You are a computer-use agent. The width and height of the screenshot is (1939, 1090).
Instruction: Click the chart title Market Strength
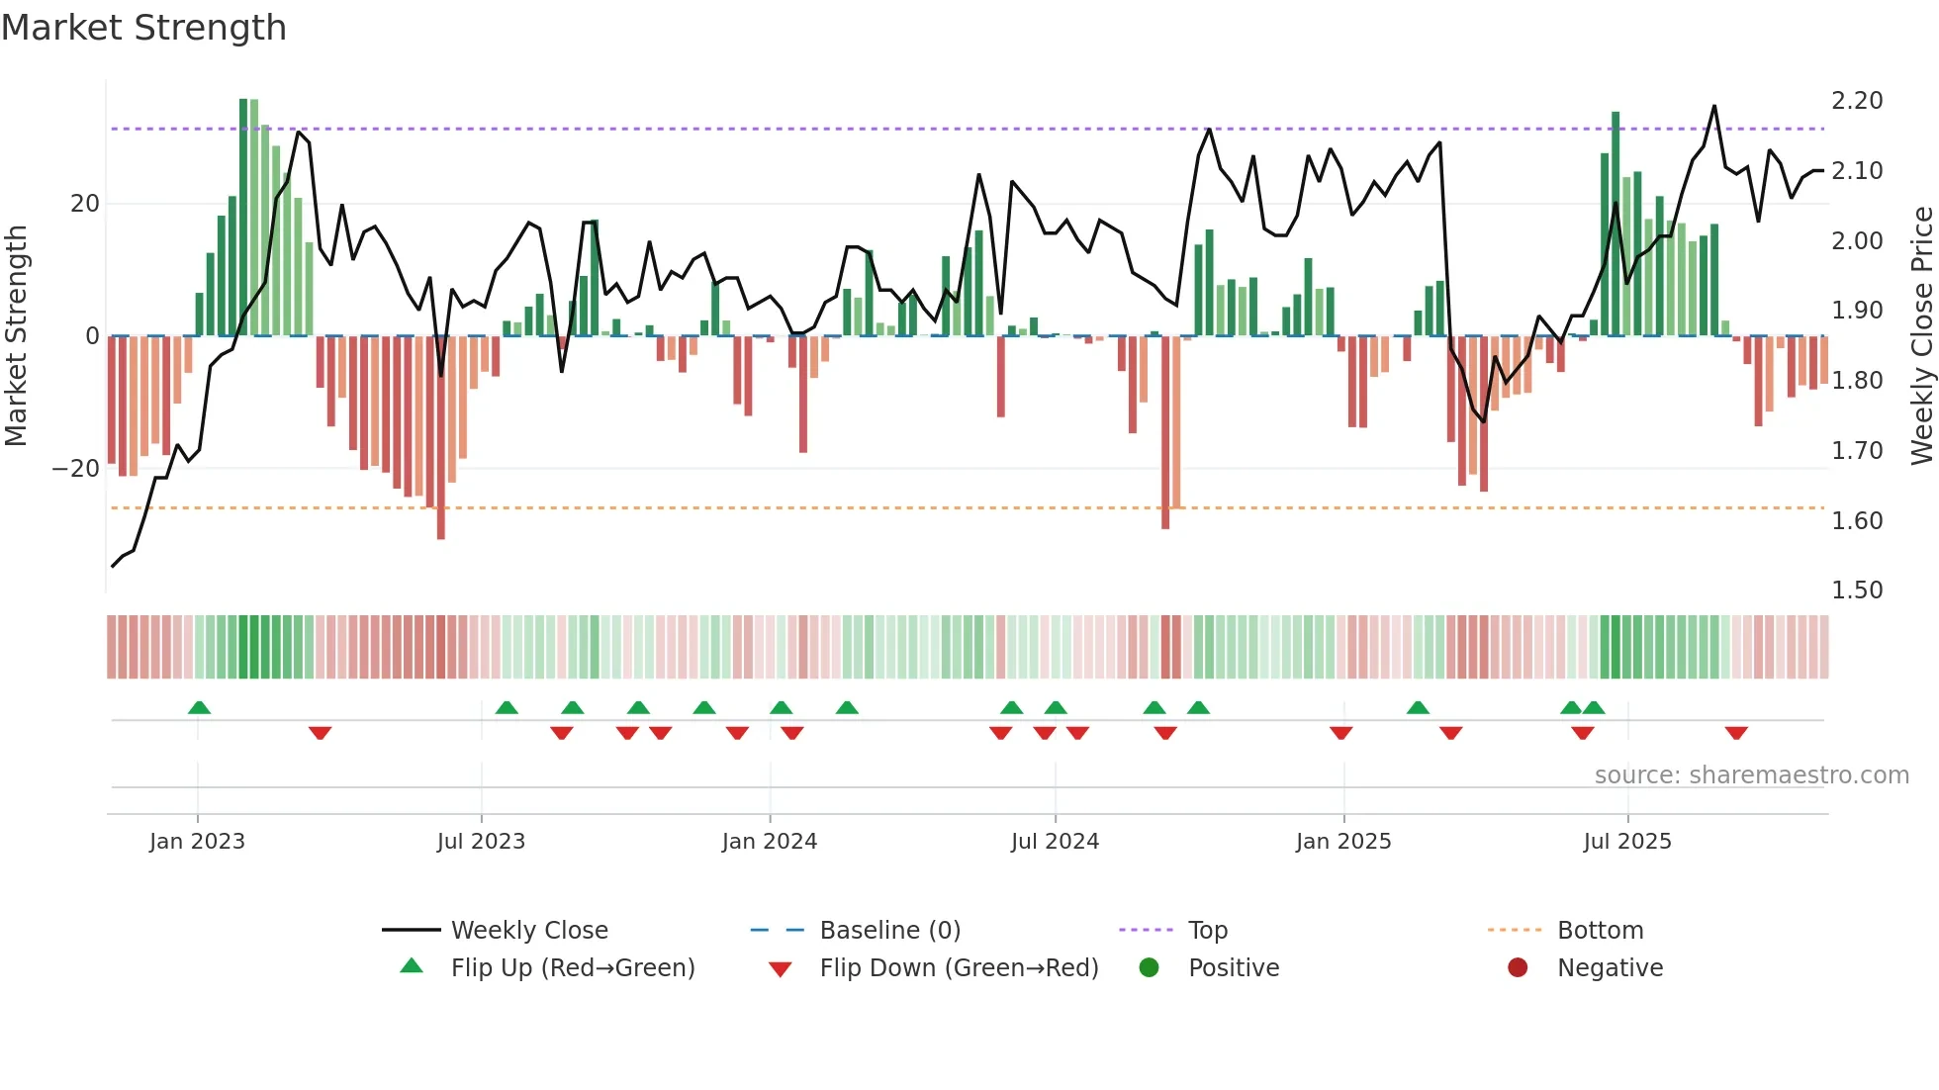pos(143,28)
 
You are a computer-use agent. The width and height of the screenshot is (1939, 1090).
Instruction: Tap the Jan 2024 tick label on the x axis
pos(769,842)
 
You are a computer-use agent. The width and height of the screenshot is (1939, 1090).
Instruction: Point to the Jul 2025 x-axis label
pos(1626,842)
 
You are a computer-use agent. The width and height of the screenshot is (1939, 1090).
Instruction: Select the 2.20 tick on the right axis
pos(1857,101)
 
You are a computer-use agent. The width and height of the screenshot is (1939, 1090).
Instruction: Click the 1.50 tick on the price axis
pos(1857,590)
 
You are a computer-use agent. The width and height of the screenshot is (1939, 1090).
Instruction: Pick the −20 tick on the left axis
pos(76,469)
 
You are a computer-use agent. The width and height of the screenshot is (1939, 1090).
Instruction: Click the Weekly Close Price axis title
pos(1921,335)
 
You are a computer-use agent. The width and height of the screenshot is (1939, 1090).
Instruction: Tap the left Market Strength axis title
pos(17,335)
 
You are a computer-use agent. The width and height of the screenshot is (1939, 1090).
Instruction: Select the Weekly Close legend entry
pos(528,931)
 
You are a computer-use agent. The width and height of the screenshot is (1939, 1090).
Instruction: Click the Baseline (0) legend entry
pos(889,931)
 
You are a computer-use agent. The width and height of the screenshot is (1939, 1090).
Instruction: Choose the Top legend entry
pos(1207,931)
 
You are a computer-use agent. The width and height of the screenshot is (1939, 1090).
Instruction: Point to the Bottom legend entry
pos(1600,931)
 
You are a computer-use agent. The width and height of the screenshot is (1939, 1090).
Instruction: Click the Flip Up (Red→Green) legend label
pos(572,968)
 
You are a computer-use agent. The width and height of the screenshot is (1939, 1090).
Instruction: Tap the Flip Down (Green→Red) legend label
pos(959,968)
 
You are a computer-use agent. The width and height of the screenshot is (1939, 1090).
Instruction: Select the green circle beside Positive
pos(1149,967)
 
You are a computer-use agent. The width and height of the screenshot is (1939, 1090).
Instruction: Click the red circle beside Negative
pos(1518,967)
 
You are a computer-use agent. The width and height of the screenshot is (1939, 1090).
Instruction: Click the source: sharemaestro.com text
pos(1751,775)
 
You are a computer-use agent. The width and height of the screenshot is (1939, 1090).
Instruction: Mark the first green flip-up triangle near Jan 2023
pos(199,707)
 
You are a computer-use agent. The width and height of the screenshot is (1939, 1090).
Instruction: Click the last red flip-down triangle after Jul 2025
pos(1736,733)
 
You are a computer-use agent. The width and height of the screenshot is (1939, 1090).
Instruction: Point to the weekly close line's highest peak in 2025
pos(1714,107)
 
